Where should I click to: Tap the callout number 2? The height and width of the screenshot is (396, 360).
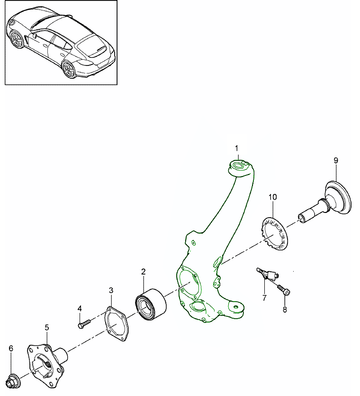tap(143, 272)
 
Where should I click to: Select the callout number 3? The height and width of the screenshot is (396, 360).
tap(111, 290)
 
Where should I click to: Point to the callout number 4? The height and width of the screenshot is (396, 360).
tap(80, 309)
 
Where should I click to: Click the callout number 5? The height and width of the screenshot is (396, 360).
tap(47, 327)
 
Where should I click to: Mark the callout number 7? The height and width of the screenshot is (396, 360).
tap(265, 298)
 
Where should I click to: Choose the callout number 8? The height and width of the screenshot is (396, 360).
tap(285, 310)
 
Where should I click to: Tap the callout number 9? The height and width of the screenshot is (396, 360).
tap(336, 161)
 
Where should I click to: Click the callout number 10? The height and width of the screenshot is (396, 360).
tap(272, 196)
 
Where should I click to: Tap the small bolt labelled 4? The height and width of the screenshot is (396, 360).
tap(83, 324)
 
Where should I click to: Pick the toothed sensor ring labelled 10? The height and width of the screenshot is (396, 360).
tap(274, 233)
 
